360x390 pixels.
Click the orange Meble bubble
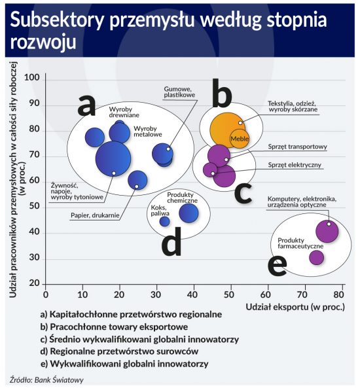click(x=240, y=139)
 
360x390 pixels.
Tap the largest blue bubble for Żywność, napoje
click(x=113, y=159)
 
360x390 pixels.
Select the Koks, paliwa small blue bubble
click(x=164, y=221)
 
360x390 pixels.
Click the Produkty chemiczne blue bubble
click(x=189, y=213)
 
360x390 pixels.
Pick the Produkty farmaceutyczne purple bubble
click(x=316, y=257)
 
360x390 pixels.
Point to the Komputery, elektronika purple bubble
click(x=327, y=231)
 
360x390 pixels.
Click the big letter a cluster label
click(x=86, y=106)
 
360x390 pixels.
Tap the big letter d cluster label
click(x=171, y=241)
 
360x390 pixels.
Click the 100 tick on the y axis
click(x=32, y=78)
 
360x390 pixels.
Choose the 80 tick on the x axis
click(x=338, y=294)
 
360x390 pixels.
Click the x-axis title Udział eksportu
click(x=295, y=307)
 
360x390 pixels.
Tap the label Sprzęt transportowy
click(x=298, y=147)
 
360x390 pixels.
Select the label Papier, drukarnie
click(x=95, y=215)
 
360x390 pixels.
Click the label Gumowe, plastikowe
click(x=179, y=92)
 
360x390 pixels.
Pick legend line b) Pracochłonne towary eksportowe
click(x=114, y=327)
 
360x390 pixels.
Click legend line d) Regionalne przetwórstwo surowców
click(x=119, y=351)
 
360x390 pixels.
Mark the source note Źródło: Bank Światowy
click(x=46, y=380)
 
